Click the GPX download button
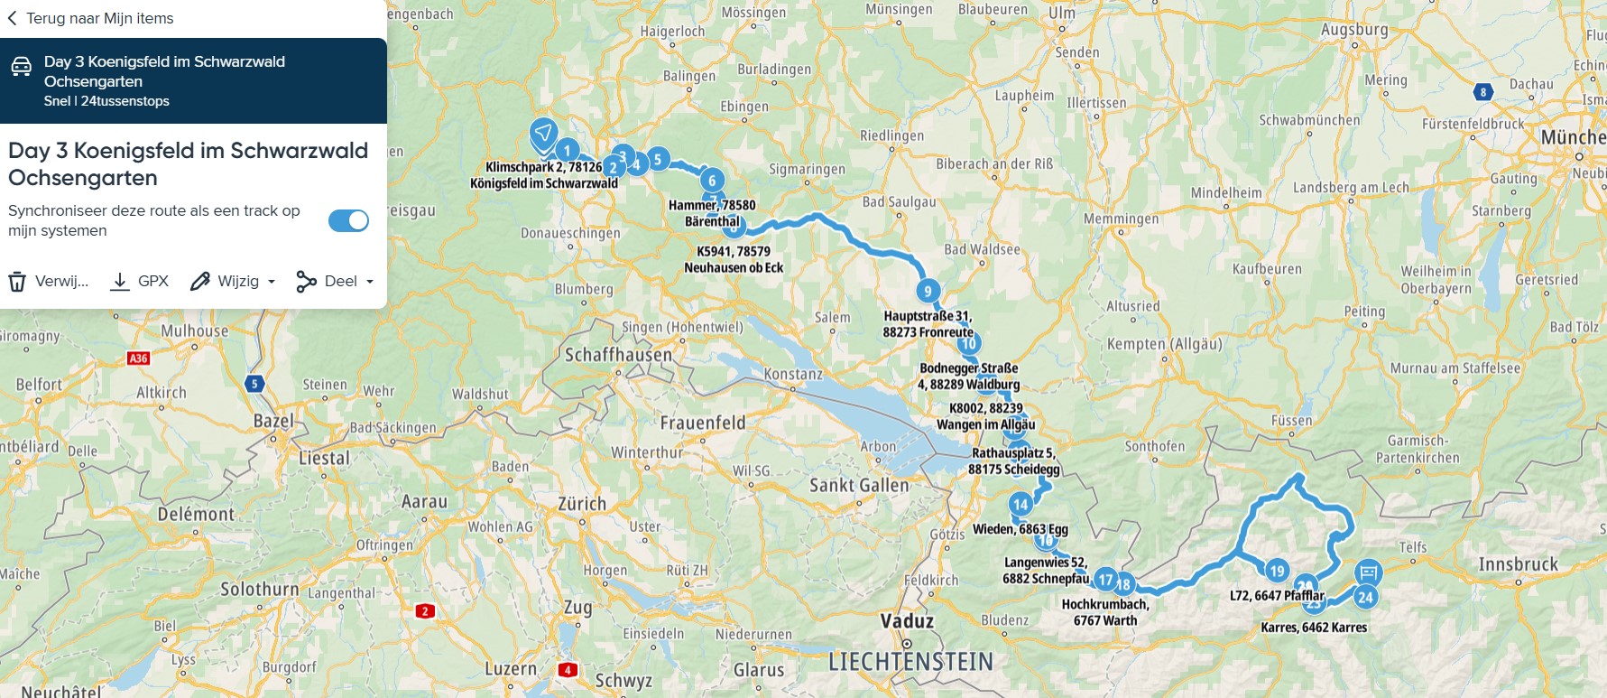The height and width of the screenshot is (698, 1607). [x=139, y=281]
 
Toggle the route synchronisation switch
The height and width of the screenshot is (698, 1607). [x=348, y=220]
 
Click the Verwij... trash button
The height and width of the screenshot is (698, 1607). [x=49, y=281]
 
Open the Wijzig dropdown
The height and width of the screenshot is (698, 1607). [x=233, y=281]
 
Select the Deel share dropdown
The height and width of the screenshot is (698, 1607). [x=335, y=281]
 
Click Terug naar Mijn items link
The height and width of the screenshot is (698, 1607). [x=90, y=18]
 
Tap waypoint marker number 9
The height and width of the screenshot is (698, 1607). [x=928, y=291]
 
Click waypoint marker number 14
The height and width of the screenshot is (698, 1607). [x=1021, y=505]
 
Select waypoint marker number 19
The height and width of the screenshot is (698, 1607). [x=1277, y=571]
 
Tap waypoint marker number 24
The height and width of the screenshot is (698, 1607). [x=1365, y=597]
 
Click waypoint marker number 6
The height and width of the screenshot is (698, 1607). [x=712, y=181]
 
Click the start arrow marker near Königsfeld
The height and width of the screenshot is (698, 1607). [x=543, y=135]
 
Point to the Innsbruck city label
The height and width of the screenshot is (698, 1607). [x=1518, y=564]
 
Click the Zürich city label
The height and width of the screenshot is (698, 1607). [x=582, y=504]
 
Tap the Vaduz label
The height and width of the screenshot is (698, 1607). [x=907, y=621]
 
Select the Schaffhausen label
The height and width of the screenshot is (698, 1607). [x=618, y=355]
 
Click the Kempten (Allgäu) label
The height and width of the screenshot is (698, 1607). [x=1164, y=344]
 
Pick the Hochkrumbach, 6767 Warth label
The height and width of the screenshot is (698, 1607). [x=1104, y=612]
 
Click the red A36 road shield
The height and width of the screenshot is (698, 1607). [x=138, y=358]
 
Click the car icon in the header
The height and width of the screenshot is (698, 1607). [x=22, y=66]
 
